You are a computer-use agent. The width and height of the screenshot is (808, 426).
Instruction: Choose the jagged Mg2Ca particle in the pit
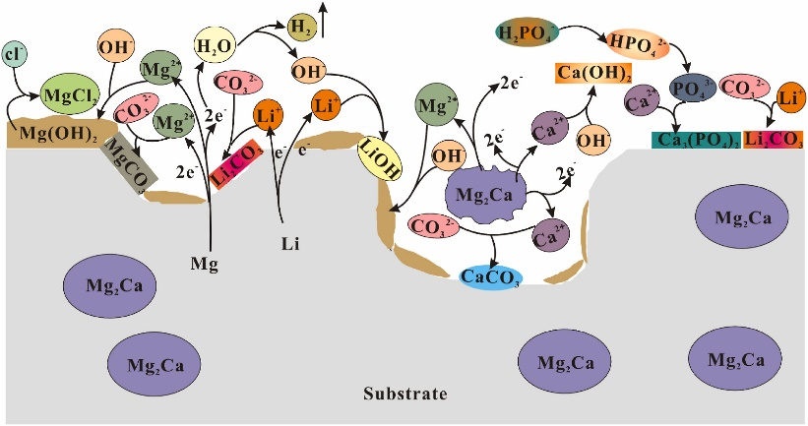481,194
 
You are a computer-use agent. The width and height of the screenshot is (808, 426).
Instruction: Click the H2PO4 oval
527,35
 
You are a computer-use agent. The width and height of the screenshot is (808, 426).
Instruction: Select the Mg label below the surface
205,265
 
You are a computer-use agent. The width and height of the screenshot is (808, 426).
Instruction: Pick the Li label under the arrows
284,240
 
